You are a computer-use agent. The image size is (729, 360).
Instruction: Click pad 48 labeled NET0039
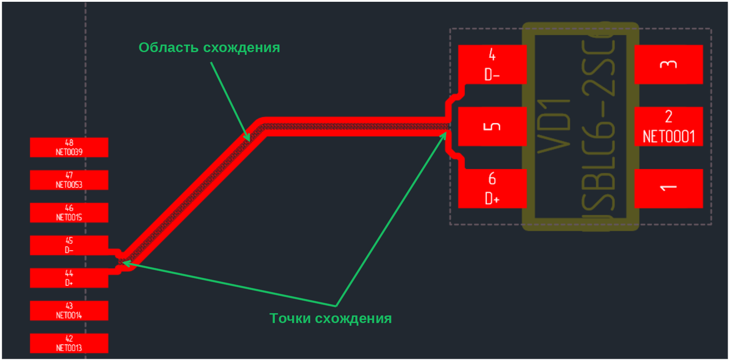69,147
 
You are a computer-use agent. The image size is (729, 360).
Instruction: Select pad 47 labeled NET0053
69,180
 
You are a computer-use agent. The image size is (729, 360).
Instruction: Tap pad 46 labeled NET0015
69,213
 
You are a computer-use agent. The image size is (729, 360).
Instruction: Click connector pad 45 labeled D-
69,245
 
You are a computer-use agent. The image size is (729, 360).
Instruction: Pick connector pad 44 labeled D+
69,278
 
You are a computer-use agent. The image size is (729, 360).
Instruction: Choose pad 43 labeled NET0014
69,311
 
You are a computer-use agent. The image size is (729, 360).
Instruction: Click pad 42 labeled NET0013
69,343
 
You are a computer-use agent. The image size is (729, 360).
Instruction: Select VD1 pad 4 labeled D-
492,64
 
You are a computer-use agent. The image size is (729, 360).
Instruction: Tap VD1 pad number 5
492,127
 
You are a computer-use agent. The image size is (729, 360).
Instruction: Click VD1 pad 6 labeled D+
492,188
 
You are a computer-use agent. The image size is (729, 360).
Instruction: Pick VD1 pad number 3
668,64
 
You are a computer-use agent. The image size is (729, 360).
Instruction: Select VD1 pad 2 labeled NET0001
668,127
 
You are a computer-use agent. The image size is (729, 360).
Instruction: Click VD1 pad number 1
668,188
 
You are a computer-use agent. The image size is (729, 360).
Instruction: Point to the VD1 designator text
554,127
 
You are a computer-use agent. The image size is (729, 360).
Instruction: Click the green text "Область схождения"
209,48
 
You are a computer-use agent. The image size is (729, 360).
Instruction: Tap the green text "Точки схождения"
330,319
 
